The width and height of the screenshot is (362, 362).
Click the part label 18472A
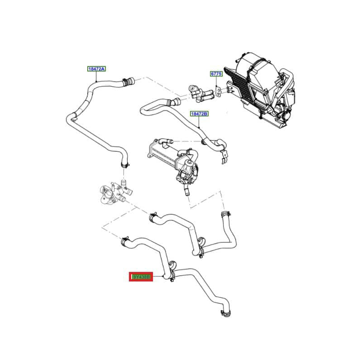coord(96,69)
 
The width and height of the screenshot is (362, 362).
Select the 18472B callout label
coord(199,114)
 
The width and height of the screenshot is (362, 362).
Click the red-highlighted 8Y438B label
coord(141,276)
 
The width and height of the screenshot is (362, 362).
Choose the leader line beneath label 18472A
coord(96,76)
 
